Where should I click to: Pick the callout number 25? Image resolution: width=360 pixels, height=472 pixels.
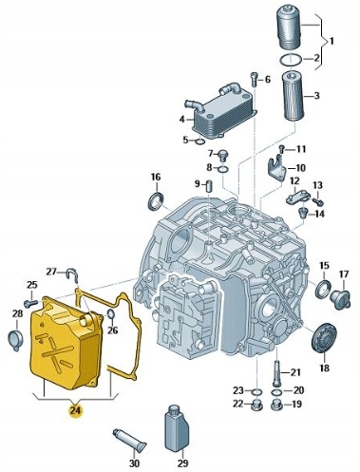tap(31, 285)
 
